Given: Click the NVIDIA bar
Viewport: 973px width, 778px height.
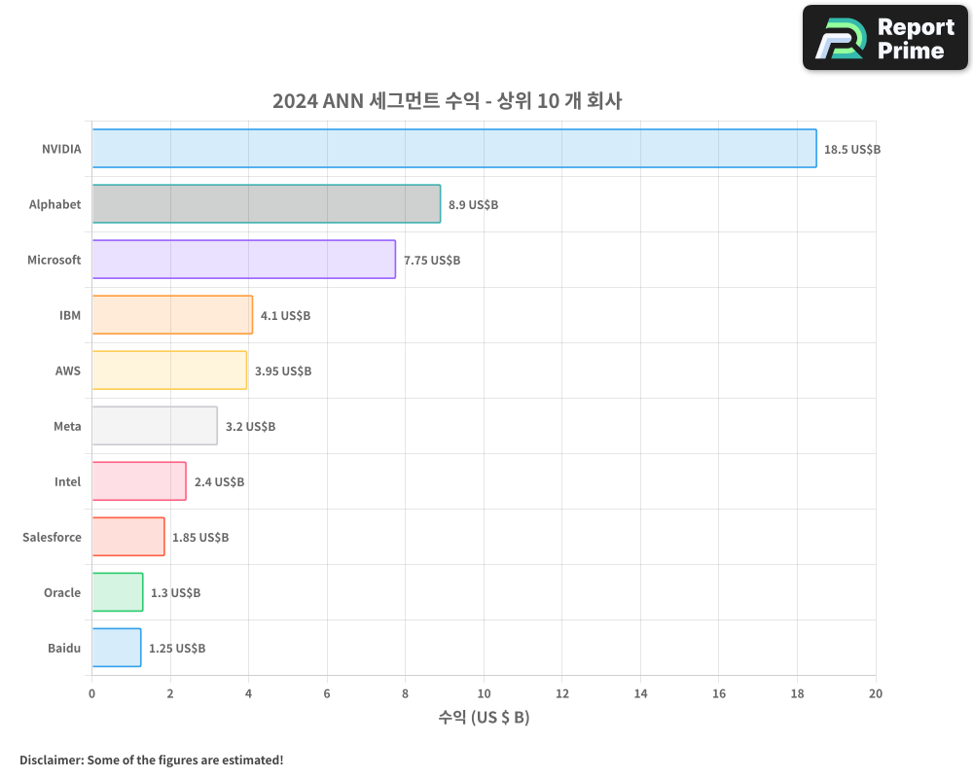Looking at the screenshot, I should pyautogui.click(x=454, y=149).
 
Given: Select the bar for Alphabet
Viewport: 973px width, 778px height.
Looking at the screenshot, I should pyautogui.click(x=266, y=204).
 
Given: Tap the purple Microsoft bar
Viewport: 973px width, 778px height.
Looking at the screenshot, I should pyautogui.click(x=243, y=260).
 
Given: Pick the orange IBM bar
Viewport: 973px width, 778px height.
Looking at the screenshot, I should pyautogui.click(x=172, y=315).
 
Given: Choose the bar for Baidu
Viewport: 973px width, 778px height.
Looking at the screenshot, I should pyautogui.click(x=117, y=648).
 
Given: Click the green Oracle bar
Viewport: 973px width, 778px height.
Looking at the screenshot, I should pyautogui.click(x=118, y=592).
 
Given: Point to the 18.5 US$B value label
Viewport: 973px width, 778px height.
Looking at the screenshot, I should pyautogui.click(x=851, y=150).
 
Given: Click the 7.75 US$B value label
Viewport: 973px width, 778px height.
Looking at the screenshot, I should pyautogui.click(x=432, y=261).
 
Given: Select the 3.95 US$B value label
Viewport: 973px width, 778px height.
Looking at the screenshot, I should pyautogui.click(x=283, y=371).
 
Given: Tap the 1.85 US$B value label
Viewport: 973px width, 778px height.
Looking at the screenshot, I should pyautogui.click(x=200, y=538).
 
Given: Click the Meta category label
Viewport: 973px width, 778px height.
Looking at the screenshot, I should pyautogui.click(x=67, y=426).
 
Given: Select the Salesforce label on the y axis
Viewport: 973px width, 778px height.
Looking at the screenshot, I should pyautogui.click(x=52, y=537).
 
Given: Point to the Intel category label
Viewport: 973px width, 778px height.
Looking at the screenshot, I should pyautogui.click(x=67, y=481).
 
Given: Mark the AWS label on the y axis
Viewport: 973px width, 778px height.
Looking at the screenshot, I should pyautogui.click(x=68, y=371).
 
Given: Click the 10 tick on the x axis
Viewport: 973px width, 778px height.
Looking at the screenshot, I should pyautogui.click(x=484, y=693).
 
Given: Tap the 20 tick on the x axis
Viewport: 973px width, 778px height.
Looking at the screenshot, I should pyautogui.click(x=876, y=693).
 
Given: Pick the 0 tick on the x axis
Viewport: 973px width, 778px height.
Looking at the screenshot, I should pyautogui.click(x=92, y=693).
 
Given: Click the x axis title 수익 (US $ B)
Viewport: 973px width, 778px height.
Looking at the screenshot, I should pyautogui.click(x=484, y=718).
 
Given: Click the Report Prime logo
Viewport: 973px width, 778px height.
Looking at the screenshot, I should pyautogui.click(x=885, y=38).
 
